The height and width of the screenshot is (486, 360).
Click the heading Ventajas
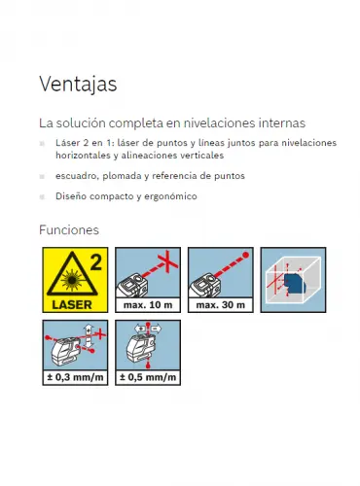point(78,84)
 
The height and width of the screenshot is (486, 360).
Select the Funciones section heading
point(69,230)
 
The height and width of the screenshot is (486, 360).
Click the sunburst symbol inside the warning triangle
point(72,279)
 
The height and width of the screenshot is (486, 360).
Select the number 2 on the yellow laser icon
point(96,262)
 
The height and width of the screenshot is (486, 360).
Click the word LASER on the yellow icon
point(72,304)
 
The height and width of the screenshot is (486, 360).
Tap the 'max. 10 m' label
point(148,305)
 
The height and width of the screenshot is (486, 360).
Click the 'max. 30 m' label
point(221,305)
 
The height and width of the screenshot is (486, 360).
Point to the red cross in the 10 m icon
point(167,261)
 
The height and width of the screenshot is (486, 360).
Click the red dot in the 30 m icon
point(246,255)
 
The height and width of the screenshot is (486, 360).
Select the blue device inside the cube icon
point(294,283)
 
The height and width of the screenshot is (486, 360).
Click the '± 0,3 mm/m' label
point(75,377)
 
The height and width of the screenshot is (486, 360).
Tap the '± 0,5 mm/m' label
point(148,377)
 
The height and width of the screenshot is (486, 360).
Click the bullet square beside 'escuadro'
point(42,176)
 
